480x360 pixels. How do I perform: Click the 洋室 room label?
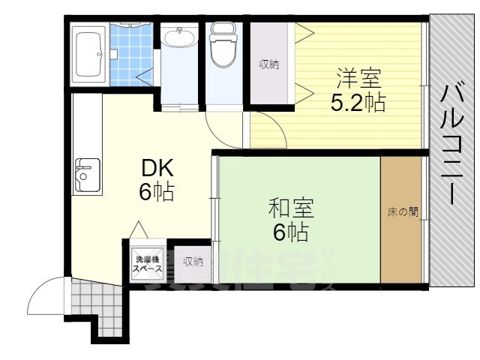tap(358, 79)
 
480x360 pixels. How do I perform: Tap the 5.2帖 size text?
tap(358, 102)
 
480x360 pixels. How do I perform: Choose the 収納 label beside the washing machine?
tap(193, 262)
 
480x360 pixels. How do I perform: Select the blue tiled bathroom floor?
tap(128, 56)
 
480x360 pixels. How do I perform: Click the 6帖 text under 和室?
tap(290, 232)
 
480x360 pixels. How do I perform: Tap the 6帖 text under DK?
tap(157, 192)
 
